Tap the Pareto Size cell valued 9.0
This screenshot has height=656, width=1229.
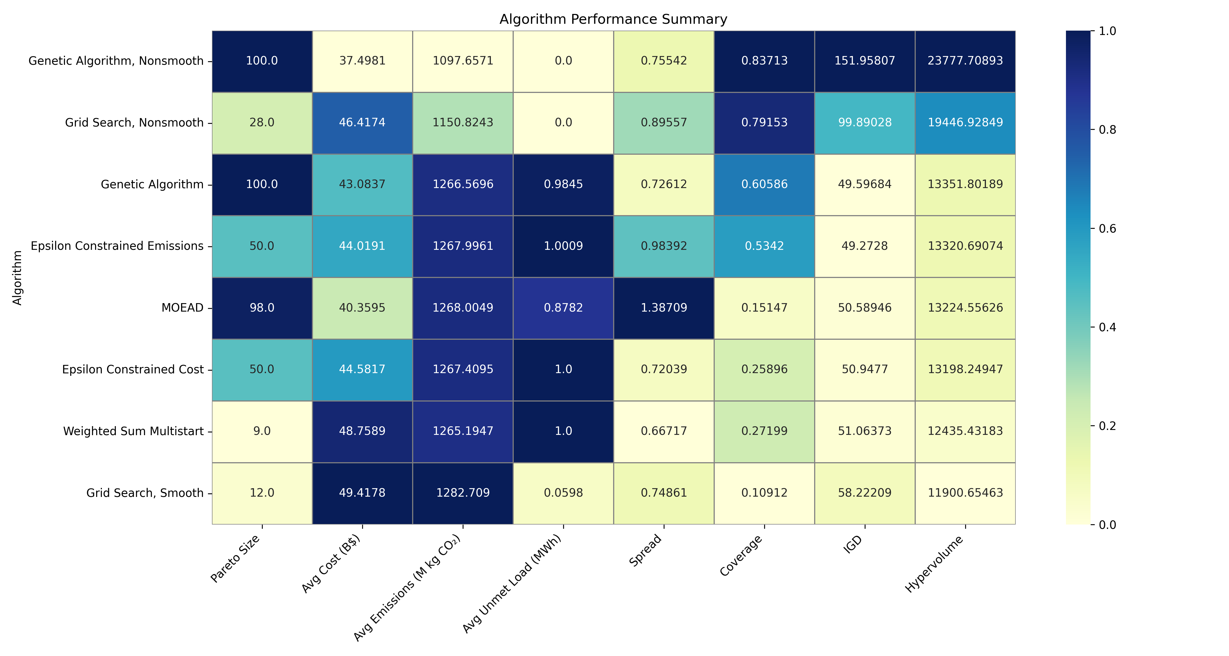[x=262, y=431]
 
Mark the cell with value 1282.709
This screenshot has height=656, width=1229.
[x=463, y=493]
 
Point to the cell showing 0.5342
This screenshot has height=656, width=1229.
[x=764, y=246]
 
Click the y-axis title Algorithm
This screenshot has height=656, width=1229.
[x=17, y=277]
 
